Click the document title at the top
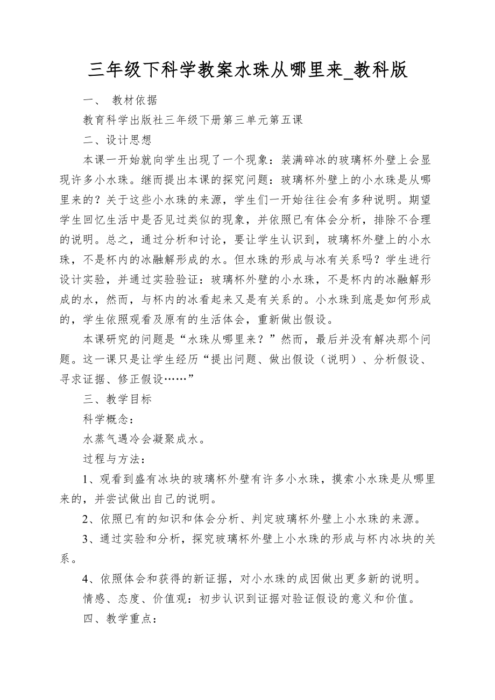[x=247, y=70]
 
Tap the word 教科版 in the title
[x=381, y=70]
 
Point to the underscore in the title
[x=348, y=75]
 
